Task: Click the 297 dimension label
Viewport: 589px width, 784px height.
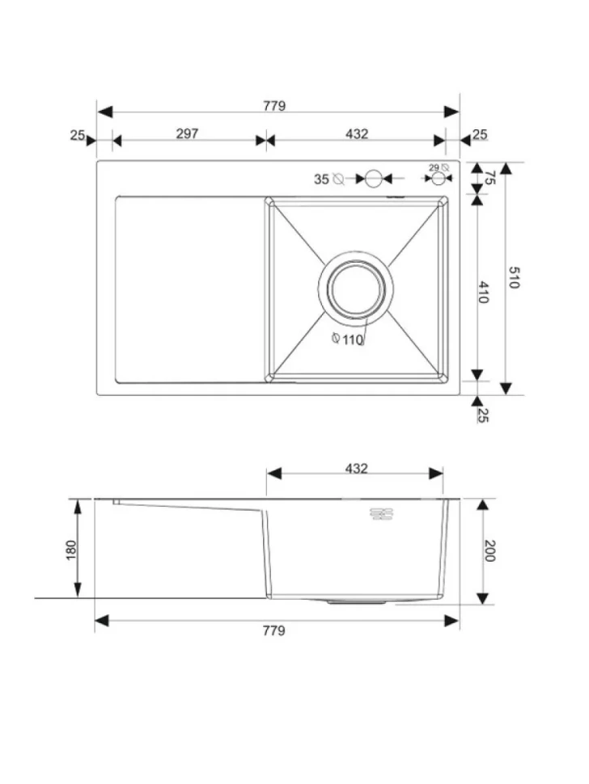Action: pos(187,133)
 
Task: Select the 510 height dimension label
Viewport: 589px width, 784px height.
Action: pos(514,277)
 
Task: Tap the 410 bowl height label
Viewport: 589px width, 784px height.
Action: pos(483,292)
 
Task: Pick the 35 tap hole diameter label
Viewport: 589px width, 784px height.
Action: pos(321,179)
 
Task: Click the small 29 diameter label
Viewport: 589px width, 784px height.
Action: pos(434,167)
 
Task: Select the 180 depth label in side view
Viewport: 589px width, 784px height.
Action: pos(71,550)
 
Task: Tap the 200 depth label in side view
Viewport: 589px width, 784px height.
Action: pos(489,550)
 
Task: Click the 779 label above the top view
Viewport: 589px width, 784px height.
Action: pos(274,106)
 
